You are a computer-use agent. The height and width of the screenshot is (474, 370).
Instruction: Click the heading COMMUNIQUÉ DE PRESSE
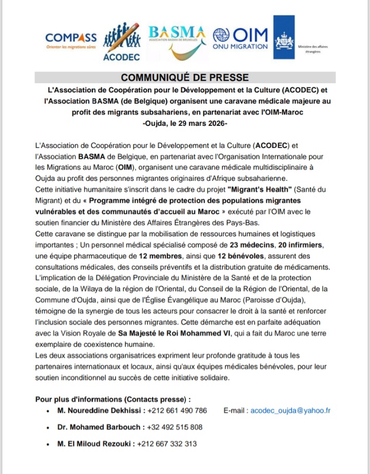pyautogui.click(x=185, y=78)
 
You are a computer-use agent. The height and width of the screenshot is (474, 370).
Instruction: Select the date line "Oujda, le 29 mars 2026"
pyautogui.click(x=185, y=124)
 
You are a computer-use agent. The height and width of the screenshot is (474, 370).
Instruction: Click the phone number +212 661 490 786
pyautogui.click(x=177, y=410)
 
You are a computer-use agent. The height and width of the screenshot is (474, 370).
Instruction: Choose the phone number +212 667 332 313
pyautogui.click(x=166, y=444)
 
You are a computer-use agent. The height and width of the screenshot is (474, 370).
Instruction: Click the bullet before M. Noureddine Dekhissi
pyautogui.click(x=47, y=411)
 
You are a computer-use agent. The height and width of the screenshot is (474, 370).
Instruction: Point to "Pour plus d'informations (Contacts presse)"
pyautogui.click(x=113, y=399)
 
